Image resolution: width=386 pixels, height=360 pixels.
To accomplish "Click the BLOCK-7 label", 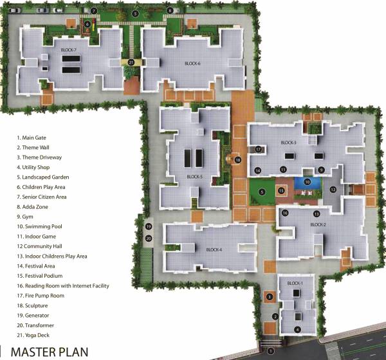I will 69,50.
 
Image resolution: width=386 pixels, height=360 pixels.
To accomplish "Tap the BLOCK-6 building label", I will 193,64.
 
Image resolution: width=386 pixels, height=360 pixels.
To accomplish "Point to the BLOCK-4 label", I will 214,249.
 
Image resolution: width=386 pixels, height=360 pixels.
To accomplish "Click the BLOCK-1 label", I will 295,283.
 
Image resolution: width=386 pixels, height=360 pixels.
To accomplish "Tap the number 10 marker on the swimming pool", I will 308,183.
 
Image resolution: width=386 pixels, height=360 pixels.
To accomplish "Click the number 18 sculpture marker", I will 238,160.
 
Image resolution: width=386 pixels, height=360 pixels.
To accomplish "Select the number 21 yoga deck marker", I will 131,62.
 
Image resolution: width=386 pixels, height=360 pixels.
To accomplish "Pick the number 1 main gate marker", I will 270,351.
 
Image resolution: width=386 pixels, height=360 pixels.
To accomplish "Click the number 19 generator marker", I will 148,227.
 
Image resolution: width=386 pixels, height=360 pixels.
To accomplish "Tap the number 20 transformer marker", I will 148,239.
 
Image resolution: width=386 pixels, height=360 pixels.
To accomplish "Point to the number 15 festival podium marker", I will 281,191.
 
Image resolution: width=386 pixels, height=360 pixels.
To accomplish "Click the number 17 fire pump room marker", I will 257,149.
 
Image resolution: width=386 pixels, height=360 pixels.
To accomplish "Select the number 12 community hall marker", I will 333,189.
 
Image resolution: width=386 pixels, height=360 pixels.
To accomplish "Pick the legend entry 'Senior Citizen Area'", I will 44,197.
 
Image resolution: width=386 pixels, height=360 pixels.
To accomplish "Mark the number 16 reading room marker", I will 285,213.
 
